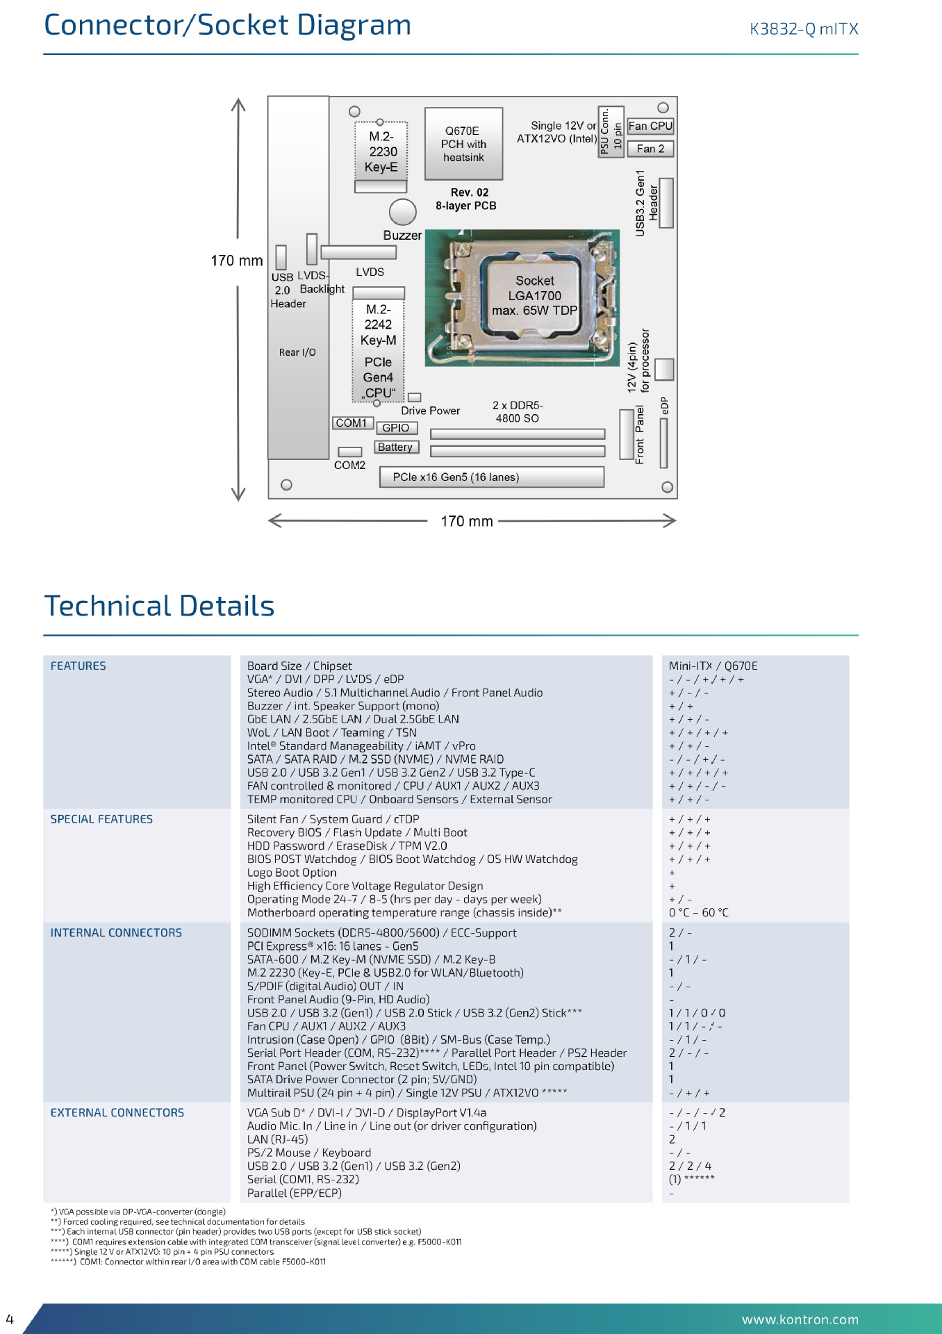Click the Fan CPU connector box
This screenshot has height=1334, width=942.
[x=650, y=126]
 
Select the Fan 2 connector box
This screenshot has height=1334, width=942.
[x=650, y=149]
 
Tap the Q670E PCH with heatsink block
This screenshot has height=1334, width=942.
[x=463, y=144]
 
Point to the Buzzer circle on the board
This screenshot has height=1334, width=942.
[x=403, y=212]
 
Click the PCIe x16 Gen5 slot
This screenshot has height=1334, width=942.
[x=492, y=477]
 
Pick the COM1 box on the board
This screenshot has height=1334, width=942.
[x=353, y=423]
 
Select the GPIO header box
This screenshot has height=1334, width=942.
[x=397, y=428]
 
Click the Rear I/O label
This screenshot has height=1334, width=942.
[x=297, y=352]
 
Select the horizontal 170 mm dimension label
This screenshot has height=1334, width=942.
[x=467, y=521]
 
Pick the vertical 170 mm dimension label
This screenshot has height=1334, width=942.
[x=237, y=261]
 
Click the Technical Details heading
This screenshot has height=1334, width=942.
[x=159, y=606]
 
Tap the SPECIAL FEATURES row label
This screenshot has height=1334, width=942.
[x=101, y=819]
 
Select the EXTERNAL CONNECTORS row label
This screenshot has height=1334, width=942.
[x=117, y=1112]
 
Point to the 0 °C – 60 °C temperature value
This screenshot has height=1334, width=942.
[x=699, y=912]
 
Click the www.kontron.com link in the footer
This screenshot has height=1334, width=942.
[x=800, y=1319]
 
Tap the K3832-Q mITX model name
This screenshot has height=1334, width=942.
[x=804, y=29]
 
